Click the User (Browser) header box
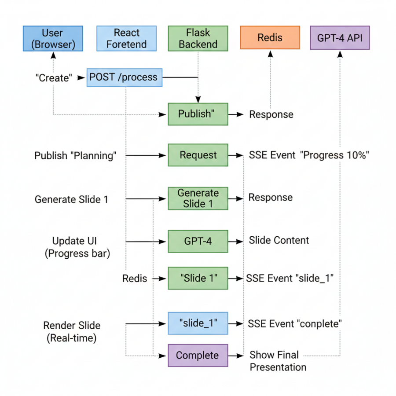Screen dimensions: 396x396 53,38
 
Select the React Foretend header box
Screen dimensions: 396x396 126,38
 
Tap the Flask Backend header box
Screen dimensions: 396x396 198,38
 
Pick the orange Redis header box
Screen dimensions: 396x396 270,38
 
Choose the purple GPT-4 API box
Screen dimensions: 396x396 340,38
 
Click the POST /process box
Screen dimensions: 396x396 125,77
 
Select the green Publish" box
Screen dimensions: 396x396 198,114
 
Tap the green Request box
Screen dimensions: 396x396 198,155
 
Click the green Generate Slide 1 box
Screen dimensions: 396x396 198,198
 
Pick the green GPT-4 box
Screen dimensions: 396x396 198,241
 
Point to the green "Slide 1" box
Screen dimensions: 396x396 198,278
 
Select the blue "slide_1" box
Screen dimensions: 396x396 198,323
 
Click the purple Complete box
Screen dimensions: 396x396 198,355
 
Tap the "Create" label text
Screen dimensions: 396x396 53,78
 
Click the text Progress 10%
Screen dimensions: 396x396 334,155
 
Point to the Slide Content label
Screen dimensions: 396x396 279,240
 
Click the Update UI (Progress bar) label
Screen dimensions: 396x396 77,247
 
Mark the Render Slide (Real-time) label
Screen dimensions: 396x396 72,332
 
